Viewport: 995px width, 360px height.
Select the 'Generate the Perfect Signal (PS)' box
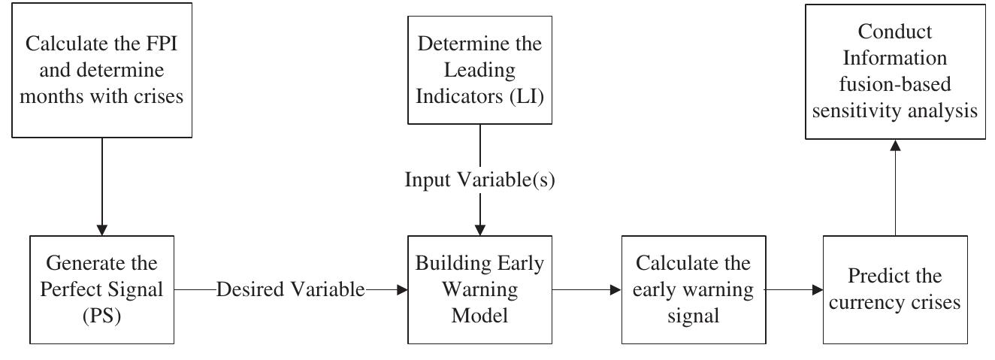click(103, 289)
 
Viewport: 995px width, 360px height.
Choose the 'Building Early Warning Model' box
click(479, 289)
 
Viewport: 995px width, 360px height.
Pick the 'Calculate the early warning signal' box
click(693, 289)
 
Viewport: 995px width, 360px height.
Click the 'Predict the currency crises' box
click(895, 289)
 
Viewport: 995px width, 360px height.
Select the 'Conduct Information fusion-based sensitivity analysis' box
click(895, 72)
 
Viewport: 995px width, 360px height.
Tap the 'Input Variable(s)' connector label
click(479, 180)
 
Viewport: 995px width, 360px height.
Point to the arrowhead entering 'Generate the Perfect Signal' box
click(103, 229)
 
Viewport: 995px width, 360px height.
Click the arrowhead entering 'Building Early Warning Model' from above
click(479, 229)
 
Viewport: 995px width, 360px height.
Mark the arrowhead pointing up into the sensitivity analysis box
click(895, 146)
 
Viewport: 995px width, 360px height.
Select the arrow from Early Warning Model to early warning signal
click(586, 289)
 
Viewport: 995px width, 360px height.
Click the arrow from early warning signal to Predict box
click(793, 289)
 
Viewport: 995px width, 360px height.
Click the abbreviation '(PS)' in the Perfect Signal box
click(103, 316)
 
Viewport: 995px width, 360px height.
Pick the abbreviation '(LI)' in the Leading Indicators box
click(519, 98)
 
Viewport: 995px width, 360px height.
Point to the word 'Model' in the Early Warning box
click(479, 316)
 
